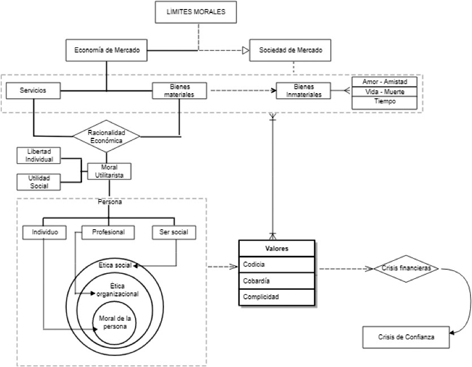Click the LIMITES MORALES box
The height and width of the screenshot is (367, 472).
pyautogui.click(x=196, y=12)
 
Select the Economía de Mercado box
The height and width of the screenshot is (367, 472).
pyautogui.click(x=107, y=50)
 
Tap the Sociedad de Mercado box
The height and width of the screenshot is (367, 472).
pyautogui.click(x=291, y=50)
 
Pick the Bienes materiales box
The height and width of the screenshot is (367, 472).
pyautogui.click(x=179, y=91)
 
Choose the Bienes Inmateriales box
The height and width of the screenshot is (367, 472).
pyautogui.click(x=308, y=91)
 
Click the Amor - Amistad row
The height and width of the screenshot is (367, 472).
pyautogui.click(x=384, y=82)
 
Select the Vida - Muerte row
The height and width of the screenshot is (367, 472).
pyautogui.click(x=384, y=91)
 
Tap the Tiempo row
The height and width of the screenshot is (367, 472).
pyautogui.click(x=384, y=102)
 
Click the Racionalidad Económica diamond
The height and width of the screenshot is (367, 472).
pyautogui.click(x=106, y=136)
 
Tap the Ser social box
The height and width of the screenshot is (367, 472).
pyautogui.click(x=174, y=232)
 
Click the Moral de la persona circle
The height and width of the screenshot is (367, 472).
pyautogui.click(x=115, y=324)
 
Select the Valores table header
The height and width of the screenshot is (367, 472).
pyautogui.click(x=276, y=248)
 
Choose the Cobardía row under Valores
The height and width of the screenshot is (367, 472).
pyautogui.click(x=276, y=280)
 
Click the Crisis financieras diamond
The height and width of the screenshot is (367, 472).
pyautogui.click(x=406, y=269)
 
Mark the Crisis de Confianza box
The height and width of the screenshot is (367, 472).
pyautogui.click(x=406, y=337)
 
